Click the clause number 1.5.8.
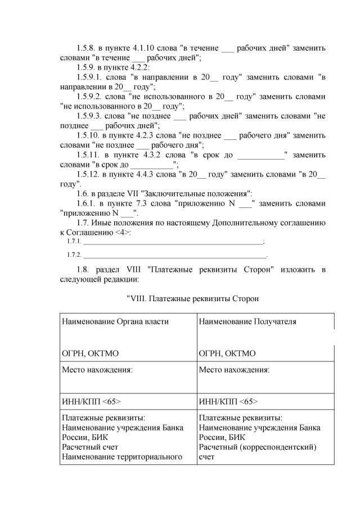click(x=88, y=48)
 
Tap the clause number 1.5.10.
click(x=90, y=135)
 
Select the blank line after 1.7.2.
click(x=174, y=256)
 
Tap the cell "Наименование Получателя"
click(x=247, y=321)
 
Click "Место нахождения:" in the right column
click(x=234, y=370)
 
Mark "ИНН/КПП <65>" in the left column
click(x=91, y=402)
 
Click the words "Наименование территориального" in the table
click(x=122, y=457)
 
